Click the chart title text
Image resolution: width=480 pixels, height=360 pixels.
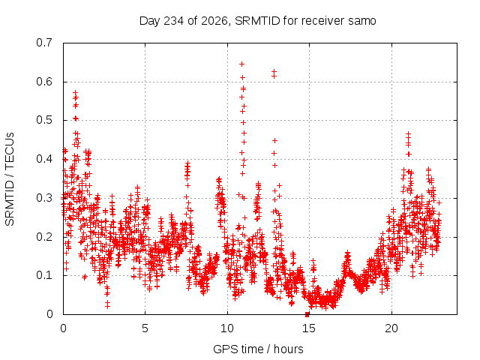(x=258, y=21)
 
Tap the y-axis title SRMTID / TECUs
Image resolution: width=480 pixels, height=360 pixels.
(x=10, y=179)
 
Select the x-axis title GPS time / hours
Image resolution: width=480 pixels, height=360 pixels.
(x=258, y=349)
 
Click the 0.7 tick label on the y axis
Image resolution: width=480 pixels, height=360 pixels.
(x=44, y=43)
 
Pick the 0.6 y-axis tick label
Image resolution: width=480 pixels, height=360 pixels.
(x=44, y=82)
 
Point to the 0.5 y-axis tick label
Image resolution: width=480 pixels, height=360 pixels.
(x=44, y=120)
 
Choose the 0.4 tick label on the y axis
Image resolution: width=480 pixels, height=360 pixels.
(x=44, y=159)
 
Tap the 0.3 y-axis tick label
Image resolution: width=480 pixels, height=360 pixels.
(x=44, y=198)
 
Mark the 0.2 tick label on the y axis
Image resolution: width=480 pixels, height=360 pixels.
(x=44, y=237)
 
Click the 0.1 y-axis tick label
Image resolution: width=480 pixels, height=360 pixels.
(x=44, y=275)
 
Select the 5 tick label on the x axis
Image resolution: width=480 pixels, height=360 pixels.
(x=145, y=328)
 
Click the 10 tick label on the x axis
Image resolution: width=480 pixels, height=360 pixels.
(x=227, y=328)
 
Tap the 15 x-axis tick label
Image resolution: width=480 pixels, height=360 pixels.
(x=309, y=328)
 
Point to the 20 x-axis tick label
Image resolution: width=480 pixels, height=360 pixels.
(x=391, y=328)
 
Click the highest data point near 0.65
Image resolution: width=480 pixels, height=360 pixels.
(x=241, y=64)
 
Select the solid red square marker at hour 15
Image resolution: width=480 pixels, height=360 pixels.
(x=307, y=314)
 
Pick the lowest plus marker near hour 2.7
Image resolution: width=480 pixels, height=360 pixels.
(x=107, y=307)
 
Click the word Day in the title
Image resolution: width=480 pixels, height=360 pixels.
(x=150, y=21)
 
